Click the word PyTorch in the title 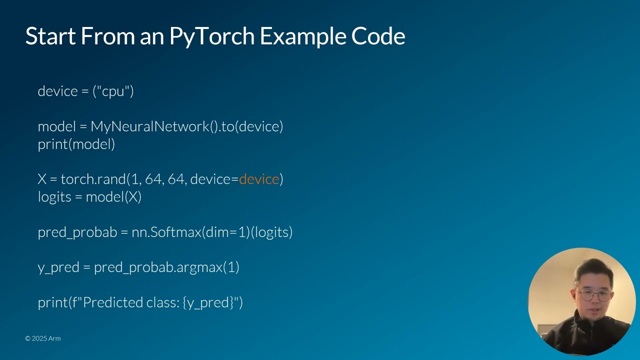[x=211, y=36]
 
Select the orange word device [x=259, y=179]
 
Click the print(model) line [x=76, y=144]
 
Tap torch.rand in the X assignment [x=93, y=179]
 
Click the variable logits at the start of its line [x=54, y=197]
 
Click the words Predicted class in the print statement [x=129, y=302]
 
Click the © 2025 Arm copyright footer [x=43, y=338]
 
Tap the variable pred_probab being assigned [x=77, y=232]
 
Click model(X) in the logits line [x=113, y=197]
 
